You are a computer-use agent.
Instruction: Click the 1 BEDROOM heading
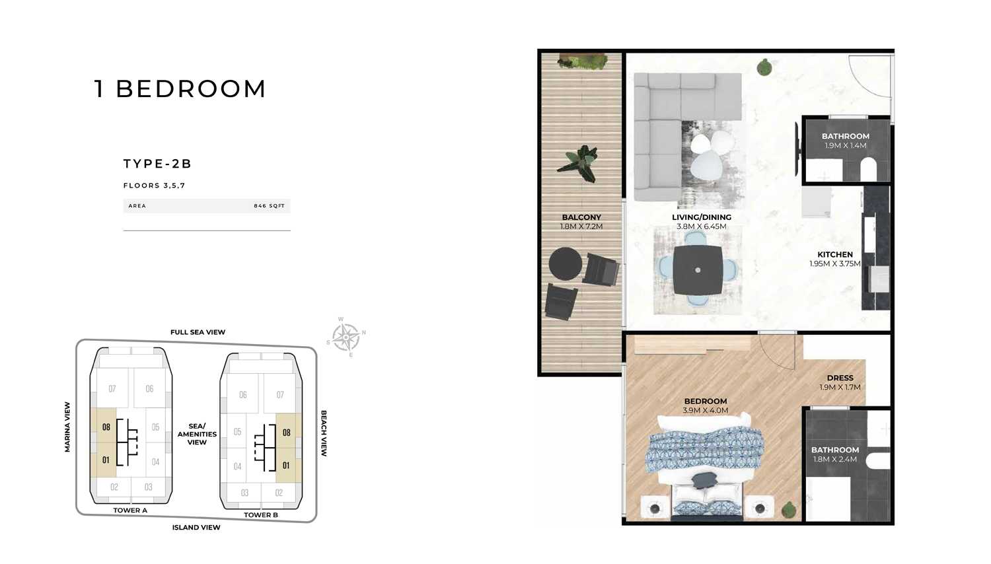180,89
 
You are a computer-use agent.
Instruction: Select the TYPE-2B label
157,164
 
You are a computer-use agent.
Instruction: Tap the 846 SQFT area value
269,205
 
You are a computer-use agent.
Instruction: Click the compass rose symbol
346,337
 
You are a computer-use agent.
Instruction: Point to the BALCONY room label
581,217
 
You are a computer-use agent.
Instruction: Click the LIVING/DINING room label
701,217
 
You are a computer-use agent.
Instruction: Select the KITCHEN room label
835,254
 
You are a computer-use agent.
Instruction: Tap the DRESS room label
840,378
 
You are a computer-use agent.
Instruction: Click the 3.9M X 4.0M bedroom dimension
705,411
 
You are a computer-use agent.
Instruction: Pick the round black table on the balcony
566,264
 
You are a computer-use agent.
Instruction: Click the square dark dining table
698,270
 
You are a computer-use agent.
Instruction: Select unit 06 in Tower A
149,388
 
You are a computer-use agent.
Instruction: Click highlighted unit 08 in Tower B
287,432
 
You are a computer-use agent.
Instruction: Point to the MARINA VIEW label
67,427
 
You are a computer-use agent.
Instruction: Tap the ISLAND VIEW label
196,527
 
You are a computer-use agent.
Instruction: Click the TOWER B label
261,515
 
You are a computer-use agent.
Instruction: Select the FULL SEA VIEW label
198,332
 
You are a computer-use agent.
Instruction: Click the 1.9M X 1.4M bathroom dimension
845,145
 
